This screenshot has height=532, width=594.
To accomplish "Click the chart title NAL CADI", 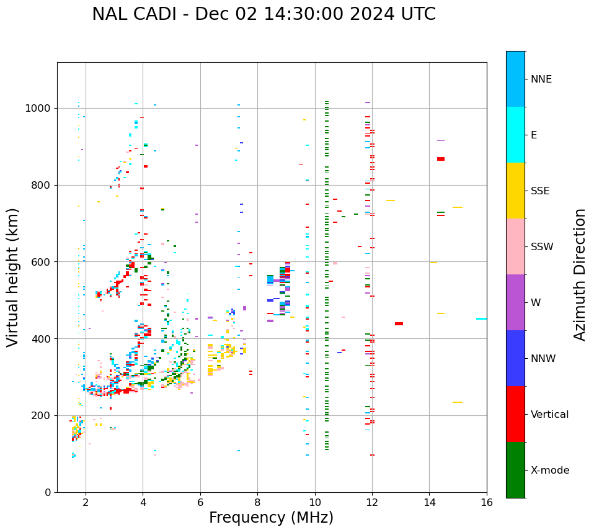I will coord(264,14).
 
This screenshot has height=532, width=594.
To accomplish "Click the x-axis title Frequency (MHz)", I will coord(271,518).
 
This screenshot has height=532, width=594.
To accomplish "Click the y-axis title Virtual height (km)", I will coord(13,277).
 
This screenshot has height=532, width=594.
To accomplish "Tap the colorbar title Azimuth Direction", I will coord(580,274).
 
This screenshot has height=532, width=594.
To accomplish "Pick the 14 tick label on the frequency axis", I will coord(429,502).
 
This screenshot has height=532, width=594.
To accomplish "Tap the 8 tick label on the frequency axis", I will coord(257,502).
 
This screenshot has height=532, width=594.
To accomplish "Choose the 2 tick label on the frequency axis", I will coord(86,502).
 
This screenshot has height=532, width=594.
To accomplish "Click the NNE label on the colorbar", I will coord(541,79).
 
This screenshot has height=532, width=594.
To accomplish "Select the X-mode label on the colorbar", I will coord(550,471).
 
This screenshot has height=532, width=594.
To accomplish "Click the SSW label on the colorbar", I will coord(542,247).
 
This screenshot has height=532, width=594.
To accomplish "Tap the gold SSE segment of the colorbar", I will coord(515,191).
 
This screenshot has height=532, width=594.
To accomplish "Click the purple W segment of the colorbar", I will coord(515,302).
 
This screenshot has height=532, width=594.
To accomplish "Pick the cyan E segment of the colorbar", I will coord(515,135).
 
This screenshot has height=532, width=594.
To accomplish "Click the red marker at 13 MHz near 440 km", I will coord(399,323).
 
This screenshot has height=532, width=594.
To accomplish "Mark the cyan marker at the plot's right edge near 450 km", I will coord(481,318).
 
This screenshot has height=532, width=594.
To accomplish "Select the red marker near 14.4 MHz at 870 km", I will coord(441,159).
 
